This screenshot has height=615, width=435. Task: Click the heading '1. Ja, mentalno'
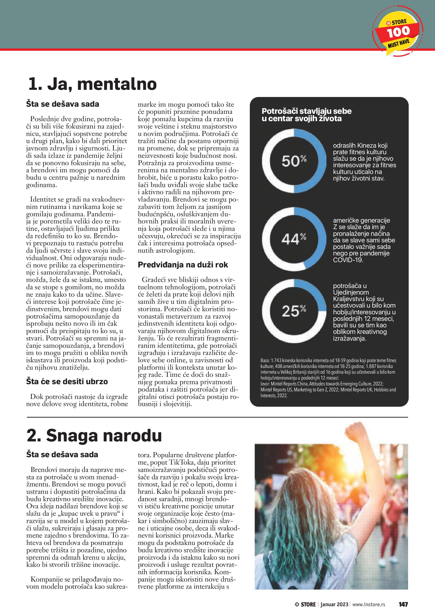pyautogui.click(x=92, y=84)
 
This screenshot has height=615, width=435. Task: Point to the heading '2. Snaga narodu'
pyautogui.click(x=94, y=436)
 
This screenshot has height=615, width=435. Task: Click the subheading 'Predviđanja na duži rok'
pyautogui.click(x=183, y=265)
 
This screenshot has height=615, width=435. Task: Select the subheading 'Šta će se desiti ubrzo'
pyautogui.click(x=67, y=381)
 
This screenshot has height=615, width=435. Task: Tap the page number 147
pyautogui.click(x=403, y=604)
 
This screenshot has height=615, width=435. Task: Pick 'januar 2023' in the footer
pyautogui.click(x=334, y=604)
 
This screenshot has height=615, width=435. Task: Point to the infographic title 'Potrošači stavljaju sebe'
pyautogui.click(x=306, y=111)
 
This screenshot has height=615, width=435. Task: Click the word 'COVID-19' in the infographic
pyautogui.click(x=348, y=260)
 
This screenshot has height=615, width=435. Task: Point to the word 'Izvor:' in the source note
pyautogui.click(x=265, y=384)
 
